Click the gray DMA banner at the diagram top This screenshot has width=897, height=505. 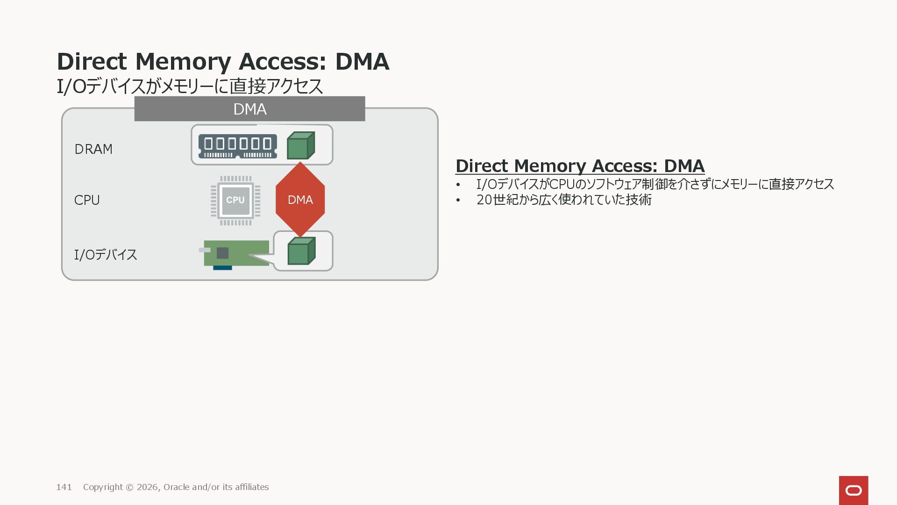tap(249, 109)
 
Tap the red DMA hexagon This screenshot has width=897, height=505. tap(300, 200)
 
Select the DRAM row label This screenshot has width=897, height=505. tap(93, 149)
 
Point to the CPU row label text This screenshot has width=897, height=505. tap(87, 200)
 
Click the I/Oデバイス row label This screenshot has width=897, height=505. tap(106, 255)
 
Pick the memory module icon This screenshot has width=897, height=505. tap(237, 146)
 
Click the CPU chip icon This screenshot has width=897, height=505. tap(235, 200)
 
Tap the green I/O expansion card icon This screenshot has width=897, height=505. tap(236, 254)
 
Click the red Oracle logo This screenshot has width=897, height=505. tap(853, 491)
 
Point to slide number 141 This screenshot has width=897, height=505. tap(64, 487)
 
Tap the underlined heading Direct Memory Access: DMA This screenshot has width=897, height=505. tap(580, 166)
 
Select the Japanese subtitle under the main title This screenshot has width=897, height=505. tap(190, 87)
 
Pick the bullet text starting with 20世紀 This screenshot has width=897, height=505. tap(563, 200)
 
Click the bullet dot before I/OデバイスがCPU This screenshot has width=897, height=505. tap(458, 185)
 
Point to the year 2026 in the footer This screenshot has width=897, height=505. tap(147, 487)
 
